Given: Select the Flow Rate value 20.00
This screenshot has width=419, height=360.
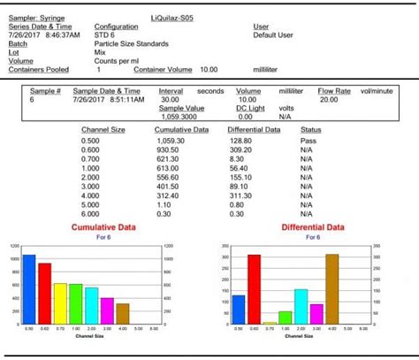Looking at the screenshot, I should click(x=329, y=99).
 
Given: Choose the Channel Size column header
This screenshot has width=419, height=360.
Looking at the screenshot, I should click(x=103, y=130).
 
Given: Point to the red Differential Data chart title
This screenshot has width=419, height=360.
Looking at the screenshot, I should click(x=313, y=227).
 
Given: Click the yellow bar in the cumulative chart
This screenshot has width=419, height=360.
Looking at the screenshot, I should click(x=60, y=303).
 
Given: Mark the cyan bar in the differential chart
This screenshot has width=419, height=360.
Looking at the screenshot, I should click(x=301, y=306).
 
